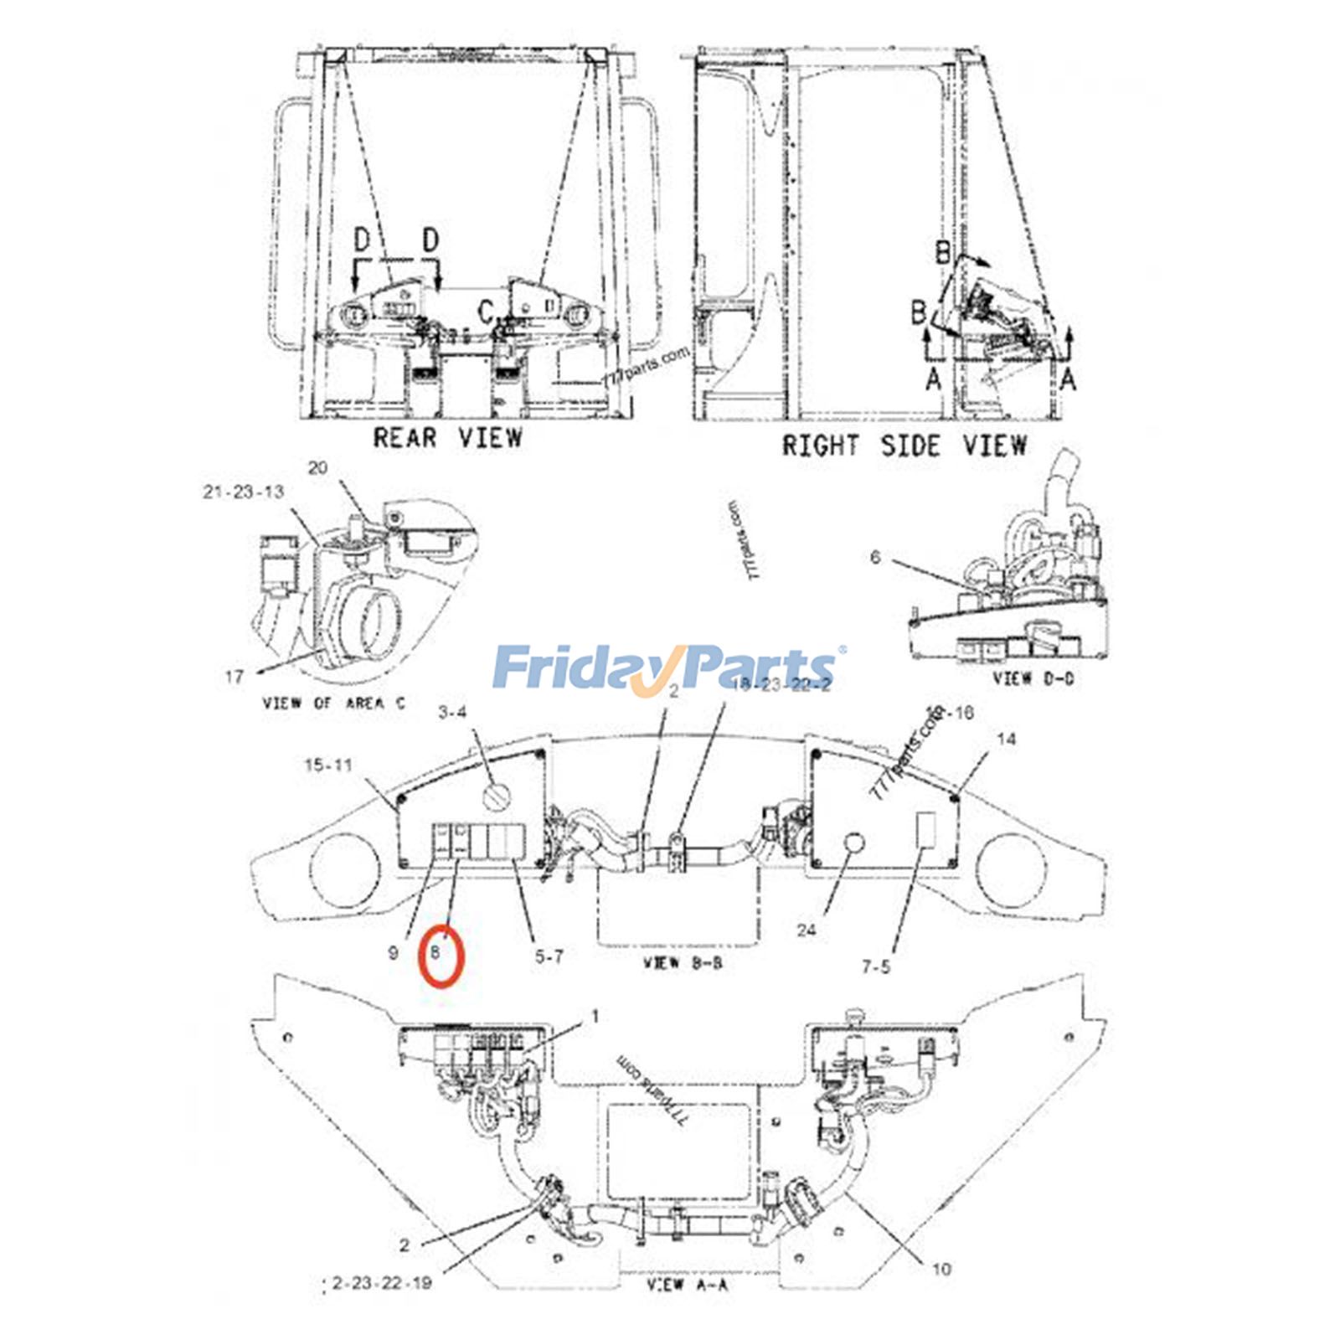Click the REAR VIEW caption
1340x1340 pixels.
(447, 437)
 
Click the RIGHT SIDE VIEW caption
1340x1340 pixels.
(904, 445)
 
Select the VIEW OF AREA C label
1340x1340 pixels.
(333, 703)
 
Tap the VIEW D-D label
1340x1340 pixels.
(1033, 678)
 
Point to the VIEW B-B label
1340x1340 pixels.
(683, 963)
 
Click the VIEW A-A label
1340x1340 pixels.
(687, 1284)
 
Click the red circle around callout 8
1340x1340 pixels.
(441, 956)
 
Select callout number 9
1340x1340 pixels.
(393, 953)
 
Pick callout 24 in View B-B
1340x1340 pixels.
(807, 930)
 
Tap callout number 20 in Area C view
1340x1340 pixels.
(317, 467)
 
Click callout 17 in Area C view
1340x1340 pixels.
(234, 676)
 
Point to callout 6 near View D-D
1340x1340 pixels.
(875, 557)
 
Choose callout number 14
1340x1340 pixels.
(1007, 739)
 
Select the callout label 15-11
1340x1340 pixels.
(328, 765)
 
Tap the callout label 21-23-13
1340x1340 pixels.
(243, 492)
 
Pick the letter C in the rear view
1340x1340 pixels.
(487, 312)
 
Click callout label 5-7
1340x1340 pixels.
(549, 956)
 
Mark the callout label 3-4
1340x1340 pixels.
(452, 713)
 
